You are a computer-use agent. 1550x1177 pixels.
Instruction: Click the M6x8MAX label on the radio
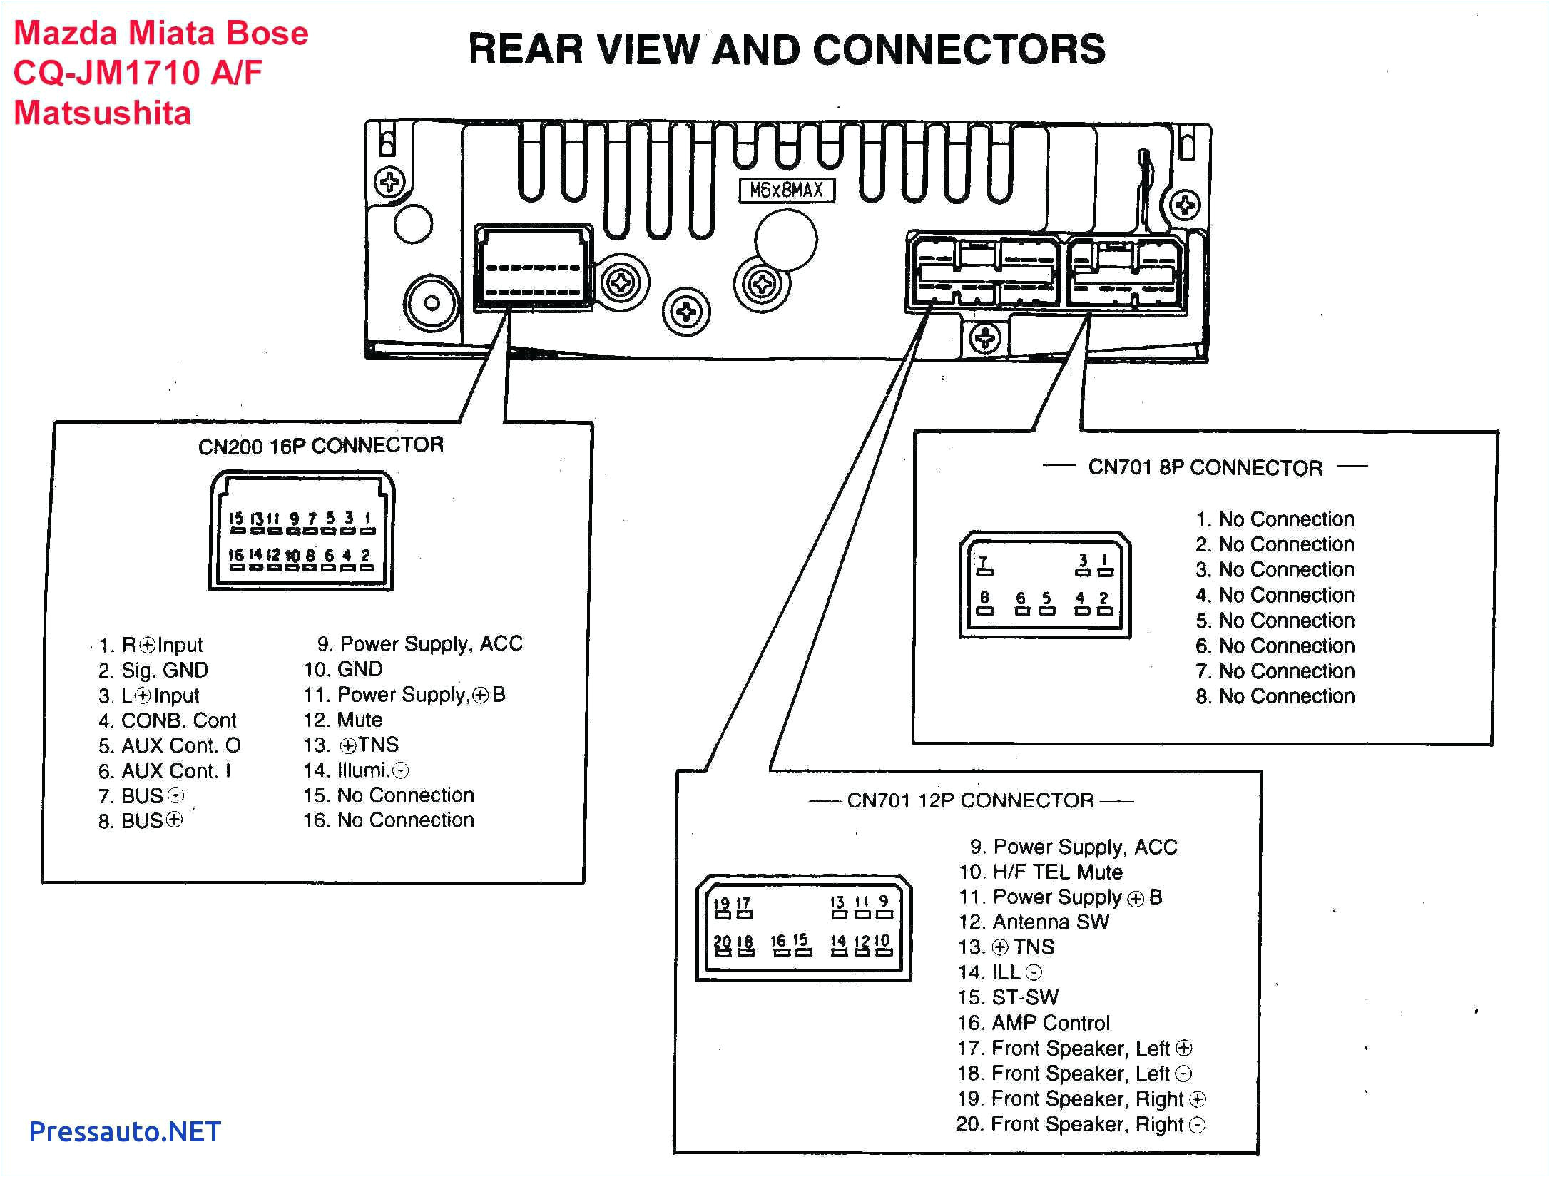click(786, 190)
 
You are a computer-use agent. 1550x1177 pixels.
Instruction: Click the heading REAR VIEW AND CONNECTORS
click(787, 50)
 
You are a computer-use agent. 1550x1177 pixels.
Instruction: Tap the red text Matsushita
click(103, 113)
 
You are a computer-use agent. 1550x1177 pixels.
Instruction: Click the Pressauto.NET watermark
click(125, 1131)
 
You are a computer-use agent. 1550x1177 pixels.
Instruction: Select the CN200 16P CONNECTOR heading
click(321, 446)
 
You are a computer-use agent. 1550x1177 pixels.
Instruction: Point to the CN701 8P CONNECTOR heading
click(1205, 468)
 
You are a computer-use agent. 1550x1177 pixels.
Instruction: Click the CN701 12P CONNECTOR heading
click(970, 800)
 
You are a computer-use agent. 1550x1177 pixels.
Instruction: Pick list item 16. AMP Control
click(1034, 1023)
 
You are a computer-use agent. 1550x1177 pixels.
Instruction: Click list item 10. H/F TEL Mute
click(1040, 872)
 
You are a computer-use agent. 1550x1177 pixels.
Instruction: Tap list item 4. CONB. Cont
click(168, 720)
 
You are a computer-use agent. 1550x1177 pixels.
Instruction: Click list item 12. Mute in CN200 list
click(343, 720)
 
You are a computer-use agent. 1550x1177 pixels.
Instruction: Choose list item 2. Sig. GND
click(153, 671)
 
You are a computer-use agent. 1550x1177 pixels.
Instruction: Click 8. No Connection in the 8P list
click(1275, 696)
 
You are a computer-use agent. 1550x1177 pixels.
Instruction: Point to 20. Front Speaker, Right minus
click(1080, 1124)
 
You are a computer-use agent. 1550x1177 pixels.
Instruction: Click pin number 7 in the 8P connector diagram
click(984, 561)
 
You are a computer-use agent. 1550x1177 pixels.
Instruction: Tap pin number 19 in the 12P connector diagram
click(721, 904)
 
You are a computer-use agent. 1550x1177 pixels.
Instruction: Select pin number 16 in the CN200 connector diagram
click(235, 555)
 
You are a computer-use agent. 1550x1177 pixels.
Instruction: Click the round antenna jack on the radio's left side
click(431, 302)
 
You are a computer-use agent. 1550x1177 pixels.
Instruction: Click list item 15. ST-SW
click(1008, 997)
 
